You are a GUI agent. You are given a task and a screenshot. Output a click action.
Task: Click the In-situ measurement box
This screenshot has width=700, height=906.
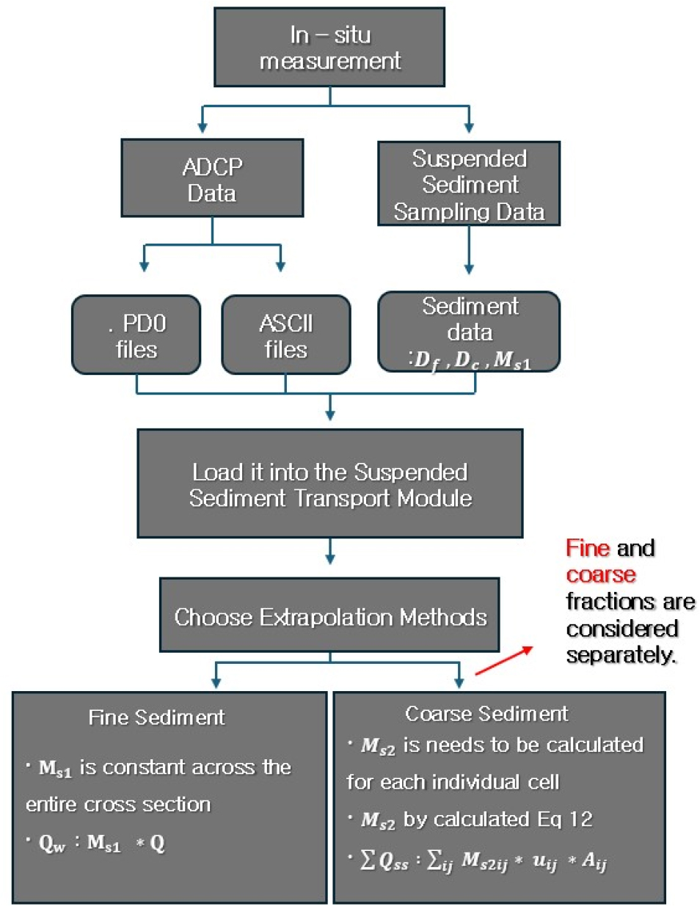point(329,48)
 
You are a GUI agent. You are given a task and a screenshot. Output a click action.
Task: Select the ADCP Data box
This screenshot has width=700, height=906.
point(212,179)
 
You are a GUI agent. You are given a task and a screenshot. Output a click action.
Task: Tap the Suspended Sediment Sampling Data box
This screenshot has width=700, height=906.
point(469,184)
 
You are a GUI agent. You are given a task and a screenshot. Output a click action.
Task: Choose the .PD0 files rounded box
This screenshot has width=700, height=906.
point(136,335)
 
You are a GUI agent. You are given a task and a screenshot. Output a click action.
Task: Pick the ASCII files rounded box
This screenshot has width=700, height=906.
point(286,335)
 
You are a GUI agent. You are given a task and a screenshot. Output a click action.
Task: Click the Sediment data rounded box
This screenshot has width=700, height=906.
point(469,332)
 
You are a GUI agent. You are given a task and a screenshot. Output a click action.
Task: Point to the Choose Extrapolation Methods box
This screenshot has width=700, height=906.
point(329,615)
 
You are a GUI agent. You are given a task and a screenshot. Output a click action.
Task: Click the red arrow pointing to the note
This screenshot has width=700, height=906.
point(504,660)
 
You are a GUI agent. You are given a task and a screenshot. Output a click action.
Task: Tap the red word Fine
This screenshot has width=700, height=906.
point(588,548)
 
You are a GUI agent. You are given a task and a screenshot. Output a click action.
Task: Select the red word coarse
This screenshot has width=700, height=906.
point(601,574)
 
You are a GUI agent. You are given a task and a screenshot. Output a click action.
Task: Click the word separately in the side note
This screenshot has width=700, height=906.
point(621,654)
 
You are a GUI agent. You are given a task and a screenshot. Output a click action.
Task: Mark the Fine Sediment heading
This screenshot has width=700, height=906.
point(156,717)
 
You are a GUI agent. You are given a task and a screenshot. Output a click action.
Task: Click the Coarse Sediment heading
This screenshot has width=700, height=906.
point(486,713)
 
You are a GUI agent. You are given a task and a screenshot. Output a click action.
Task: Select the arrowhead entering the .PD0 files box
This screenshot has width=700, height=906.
point(145,266)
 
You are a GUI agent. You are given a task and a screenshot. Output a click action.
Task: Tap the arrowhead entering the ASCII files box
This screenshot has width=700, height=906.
point(280,266)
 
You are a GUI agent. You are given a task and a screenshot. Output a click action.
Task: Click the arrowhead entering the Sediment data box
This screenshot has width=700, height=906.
point(469,269)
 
